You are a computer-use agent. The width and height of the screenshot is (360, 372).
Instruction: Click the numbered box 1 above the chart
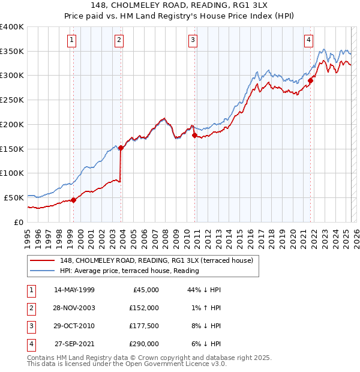click(x=71, y=40)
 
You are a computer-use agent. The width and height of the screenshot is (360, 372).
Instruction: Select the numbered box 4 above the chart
click(x=308, y=40)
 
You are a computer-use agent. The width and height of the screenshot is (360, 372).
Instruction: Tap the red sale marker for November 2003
click(x=121, y=147)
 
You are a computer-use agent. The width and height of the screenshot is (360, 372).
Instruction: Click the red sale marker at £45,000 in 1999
click(x=73, y=200)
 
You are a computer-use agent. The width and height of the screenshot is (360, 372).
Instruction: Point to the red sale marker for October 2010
click(x=194, y=135)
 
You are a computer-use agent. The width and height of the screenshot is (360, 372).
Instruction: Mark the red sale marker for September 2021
click(x=310, y=80)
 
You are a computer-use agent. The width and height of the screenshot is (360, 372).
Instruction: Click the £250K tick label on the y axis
click(x=11, y=100)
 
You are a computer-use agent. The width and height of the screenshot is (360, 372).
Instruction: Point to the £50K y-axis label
click(x=14, y=197)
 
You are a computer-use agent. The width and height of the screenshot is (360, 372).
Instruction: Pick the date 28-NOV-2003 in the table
click(x=74, y=308)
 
